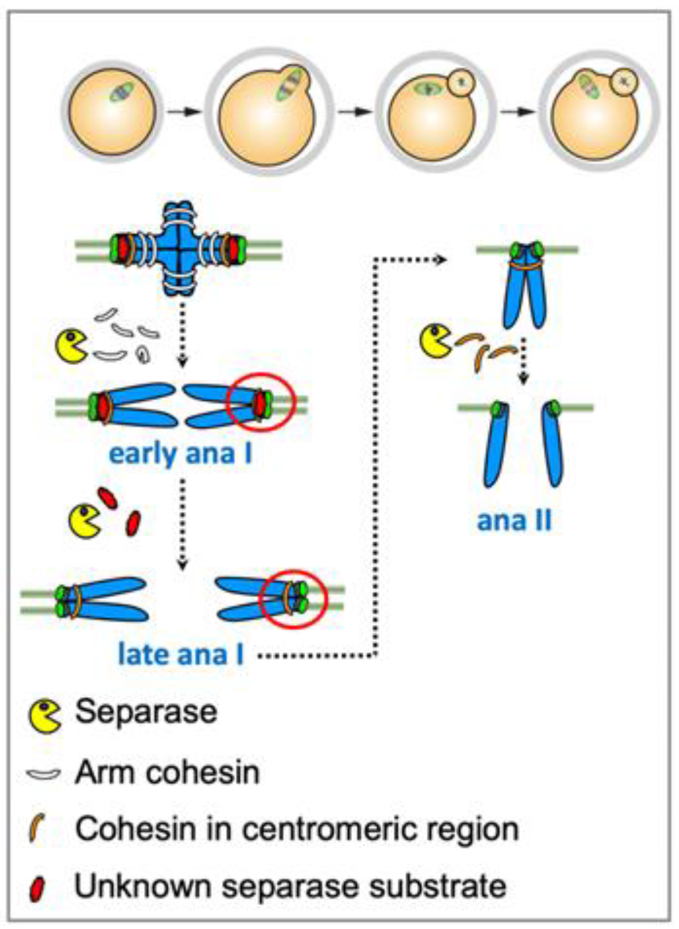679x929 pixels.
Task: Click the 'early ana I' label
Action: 180,454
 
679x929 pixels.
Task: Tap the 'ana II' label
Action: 514,521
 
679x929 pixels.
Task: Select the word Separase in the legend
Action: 146,712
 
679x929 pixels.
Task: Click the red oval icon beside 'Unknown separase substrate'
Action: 37,888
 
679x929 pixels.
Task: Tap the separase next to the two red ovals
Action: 84,521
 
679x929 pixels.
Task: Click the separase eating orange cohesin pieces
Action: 435,341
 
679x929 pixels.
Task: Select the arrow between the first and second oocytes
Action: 184,112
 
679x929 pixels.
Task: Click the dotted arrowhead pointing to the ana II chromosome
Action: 441,259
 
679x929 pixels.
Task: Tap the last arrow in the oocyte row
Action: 518,112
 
